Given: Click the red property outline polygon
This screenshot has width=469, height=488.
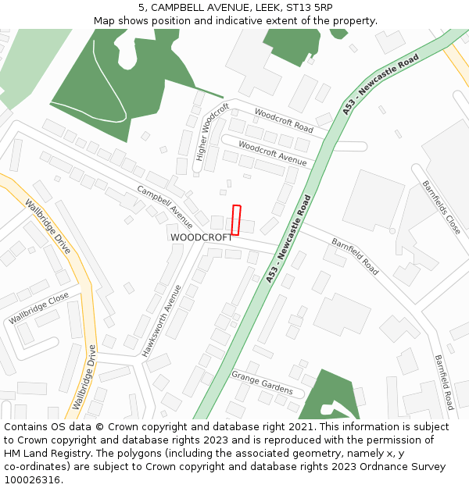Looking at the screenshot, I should click(236, 219).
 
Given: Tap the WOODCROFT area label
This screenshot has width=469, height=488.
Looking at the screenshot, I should click(201, 237).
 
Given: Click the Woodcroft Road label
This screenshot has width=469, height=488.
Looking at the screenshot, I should click(283, 119).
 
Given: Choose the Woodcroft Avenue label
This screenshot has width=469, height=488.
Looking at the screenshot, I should click(272, 152).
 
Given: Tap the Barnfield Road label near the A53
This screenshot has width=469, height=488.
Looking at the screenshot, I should click(355, 256).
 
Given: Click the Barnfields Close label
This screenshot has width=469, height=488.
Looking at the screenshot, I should click(442, 208).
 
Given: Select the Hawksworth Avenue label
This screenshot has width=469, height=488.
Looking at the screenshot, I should click(162, 320).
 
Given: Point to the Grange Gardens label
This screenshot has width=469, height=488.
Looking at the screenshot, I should click(262, 383).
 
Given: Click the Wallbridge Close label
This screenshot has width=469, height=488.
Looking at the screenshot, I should click(39, 308).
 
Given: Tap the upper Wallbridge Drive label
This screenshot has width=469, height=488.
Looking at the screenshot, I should click(48, 227).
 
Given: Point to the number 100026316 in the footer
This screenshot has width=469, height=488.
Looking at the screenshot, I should click(32, 479).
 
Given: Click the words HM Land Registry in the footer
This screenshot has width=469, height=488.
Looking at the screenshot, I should click(42, 454).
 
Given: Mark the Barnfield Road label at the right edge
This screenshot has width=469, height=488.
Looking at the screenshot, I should click(443, 382).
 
